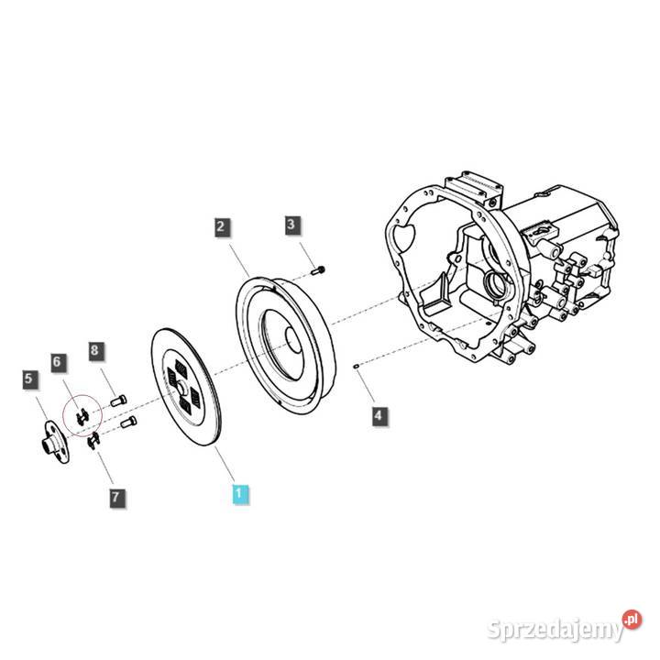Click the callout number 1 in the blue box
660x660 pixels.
pos(240,493)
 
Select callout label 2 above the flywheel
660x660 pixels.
pos(222,227)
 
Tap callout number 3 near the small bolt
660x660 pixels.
pos(291,225)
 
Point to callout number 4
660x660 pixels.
pos(379,416)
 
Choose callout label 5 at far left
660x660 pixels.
pos(29,379)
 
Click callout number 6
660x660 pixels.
pos(58,362)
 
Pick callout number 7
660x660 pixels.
pos(116,498)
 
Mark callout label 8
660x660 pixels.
pos(95,350)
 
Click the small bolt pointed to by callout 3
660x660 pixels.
pos(319,270)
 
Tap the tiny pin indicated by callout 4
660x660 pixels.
pos(356,366)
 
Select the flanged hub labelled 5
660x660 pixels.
pos(55,442)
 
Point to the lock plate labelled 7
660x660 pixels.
pos(93,441)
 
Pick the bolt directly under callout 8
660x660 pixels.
pos(118,400)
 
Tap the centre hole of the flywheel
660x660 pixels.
pos(292,340)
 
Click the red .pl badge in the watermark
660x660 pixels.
pos(632,620)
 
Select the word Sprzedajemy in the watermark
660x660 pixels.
pos(555,630)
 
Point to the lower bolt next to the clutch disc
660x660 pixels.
pos(128,422)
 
